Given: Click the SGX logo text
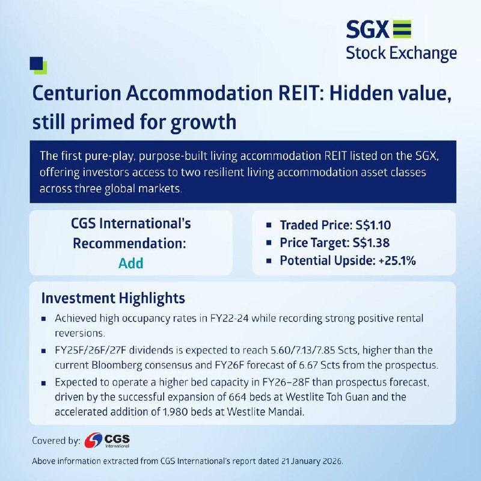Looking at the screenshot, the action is (x=367, y=29).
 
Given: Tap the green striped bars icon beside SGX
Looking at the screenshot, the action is (x=402, y=29).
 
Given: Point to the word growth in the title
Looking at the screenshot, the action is (x=203, y=123).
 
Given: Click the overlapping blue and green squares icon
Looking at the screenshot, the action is (x=38, y=66).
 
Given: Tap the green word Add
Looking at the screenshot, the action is (x=130, y=263).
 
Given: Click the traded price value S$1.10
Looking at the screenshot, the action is (x=373, y=225).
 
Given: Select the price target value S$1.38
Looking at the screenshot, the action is (x=371, y=243).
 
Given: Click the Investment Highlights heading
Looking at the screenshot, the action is (x=113, y=298).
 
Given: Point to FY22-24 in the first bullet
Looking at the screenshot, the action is (x=229, y=319).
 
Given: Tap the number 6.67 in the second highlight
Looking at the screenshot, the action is (x=310, y=365).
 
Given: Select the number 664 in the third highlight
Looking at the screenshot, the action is (x=237, y=397).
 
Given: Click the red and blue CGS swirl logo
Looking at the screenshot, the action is (x=93, y=440).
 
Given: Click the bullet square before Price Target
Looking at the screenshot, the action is (x=269, y=243).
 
